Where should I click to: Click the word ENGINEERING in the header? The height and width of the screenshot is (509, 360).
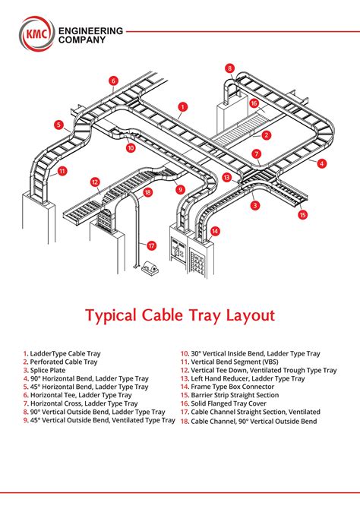click(x=96, y=31)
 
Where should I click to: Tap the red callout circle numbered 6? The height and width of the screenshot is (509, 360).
click(x=113, y=81)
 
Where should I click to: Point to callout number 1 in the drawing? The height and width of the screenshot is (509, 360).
click(x=183, y=107)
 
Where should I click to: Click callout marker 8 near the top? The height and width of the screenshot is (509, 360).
click(x=230, y=68)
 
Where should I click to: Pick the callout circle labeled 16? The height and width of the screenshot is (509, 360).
click(x=254, y=103)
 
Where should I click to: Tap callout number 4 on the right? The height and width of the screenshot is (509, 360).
click(x=322, y=163)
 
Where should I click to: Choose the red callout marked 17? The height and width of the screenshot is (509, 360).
click(x=152, y=245)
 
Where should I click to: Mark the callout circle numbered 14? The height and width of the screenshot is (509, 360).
click(x=216, y=230)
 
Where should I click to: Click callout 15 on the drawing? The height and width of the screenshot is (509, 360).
click(x=302, y=215)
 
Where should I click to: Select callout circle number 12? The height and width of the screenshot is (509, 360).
click(x=95, y=182)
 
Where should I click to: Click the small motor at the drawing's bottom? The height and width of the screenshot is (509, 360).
click(x=147, y=267)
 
